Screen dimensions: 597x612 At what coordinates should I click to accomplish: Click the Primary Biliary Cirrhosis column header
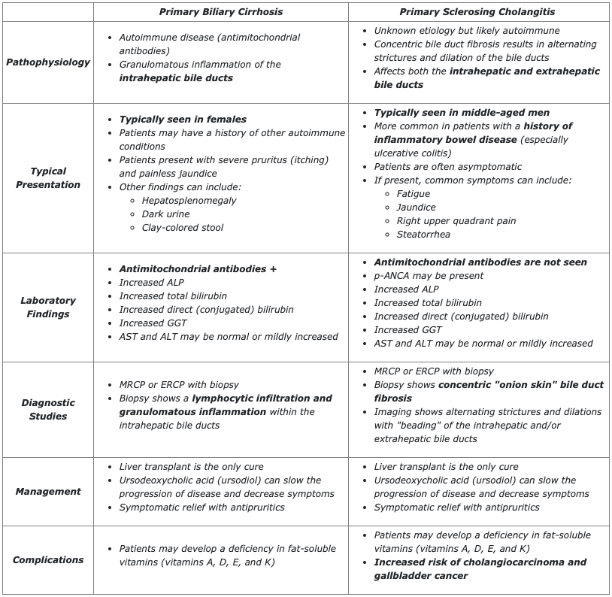click(x=220, y=11)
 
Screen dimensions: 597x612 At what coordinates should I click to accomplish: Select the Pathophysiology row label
click(x=48, y=62)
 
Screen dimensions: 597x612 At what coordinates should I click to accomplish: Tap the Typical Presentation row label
click(x=48, y=177)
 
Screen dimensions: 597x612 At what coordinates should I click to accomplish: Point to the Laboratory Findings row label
click(x=48, y=307)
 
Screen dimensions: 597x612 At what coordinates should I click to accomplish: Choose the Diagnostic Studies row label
click(x=48, y=409)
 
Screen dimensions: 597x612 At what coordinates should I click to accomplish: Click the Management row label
click(x=48, y=491)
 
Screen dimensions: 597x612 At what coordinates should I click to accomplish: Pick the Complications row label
click(x=48, y=559)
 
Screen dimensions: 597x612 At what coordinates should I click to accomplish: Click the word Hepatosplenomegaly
click(x=189, y=201)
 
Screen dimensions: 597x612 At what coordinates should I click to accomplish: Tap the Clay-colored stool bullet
click(x=182, y=227)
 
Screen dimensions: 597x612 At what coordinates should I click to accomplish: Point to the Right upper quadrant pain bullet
click(x=456, y=220)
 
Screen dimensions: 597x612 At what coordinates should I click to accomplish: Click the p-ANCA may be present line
click(x=429, y=275)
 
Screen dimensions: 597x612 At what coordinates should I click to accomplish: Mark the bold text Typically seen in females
click(x=183, y=119)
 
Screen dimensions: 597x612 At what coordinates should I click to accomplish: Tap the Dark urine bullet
click(x=165, y=214)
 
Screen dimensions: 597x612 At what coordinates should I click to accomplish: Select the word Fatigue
click(x=413, y=193)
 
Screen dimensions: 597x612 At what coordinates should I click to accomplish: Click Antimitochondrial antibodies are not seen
click(x=480, y=262)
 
